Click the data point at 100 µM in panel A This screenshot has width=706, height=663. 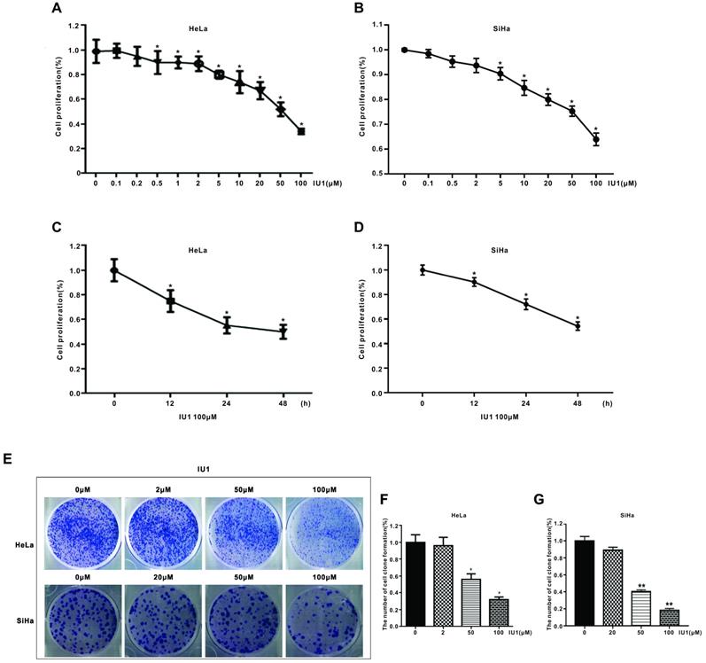[301, 131]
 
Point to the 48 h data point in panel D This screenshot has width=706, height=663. [578, 326]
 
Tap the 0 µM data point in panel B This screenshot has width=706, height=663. [405, 50]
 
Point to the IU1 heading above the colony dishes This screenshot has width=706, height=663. [205, 465]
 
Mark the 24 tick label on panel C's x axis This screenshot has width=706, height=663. [226, 406]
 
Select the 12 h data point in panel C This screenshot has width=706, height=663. [170, 301]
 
